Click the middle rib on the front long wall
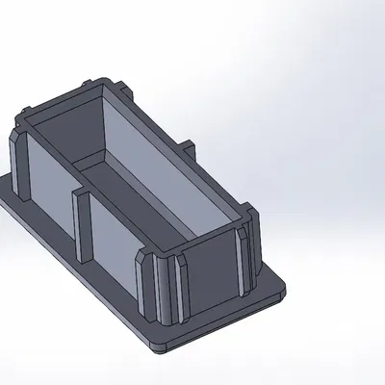[x=81, y=223]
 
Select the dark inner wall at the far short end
[x=67, y=130]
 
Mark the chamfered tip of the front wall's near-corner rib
[x=144, y=258]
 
